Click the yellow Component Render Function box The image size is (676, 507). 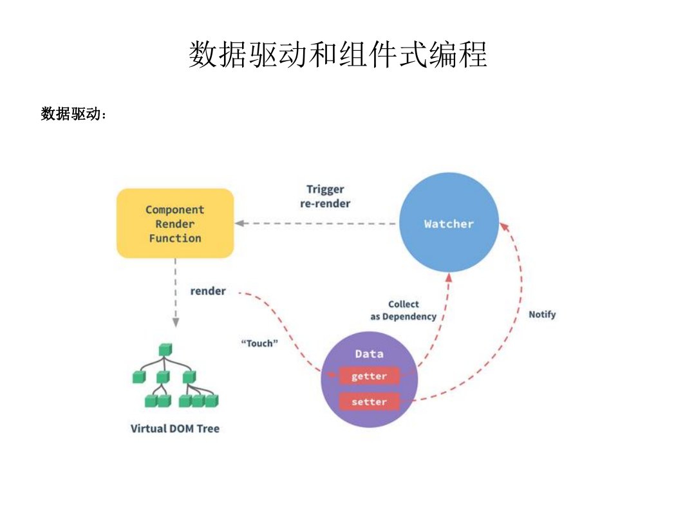175,223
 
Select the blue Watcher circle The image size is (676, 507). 449,222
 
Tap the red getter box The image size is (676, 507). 369,376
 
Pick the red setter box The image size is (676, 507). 369,401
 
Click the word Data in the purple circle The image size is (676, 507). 369,354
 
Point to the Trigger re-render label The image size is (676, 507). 325,196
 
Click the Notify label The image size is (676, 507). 542,315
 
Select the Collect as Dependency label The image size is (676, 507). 404,310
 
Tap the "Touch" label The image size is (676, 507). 259,344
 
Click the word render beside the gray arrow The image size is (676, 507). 208,291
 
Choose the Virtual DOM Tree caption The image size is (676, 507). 175,429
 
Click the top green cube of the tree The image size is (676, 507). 165,349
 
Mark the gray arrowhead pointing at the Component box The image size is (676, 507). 239,223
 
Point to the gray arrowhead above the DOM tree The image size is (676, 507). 176,322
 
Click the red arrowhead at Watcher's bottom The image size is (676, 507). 449,277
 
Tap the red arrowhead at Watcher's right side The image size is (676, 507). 504,226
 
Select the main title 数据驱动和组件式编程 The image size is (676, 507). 338,54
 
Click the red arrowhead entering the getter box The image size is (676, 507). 333,374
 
